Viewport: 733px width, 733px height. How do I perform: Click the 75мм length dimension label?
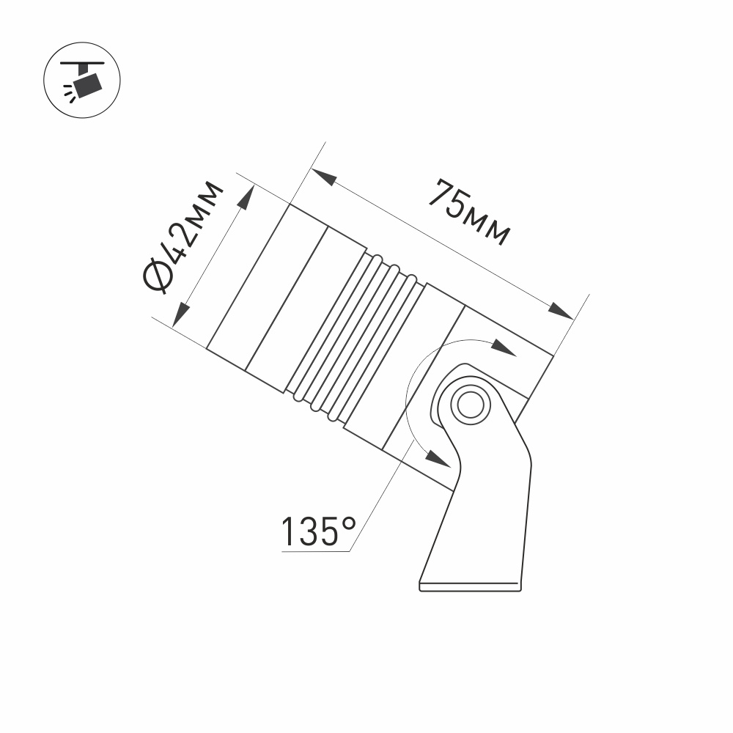(x=469, y=212)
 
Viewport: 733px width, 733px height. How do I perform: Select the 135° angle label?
(x=319, y=531)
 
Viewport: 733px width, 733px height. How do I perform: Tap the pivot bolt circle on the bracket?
(x=471, y=404)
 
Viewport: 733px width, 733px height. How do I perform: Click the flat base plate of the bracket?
(x=471, y=586)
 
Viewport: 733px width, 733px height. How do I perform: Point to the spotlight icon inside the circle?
(x=82, y=81)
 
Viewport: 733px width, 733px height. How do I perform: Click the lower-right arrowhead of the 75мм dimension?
(x=561, y=311)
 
